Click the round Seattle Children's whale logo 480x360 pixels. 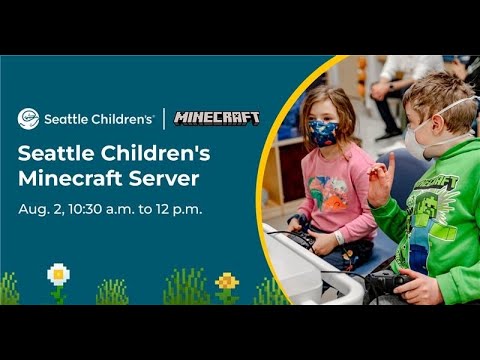coord(28,119)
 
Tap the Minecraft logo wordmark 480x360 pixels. coord(217,118)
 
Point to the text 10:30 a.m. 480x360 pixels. coord(101,209)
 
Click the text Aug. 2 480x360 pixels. coord(41,210)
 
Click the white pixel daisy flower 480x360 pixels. coord(58,274)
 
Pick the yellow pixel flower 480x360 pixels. coord(227,282)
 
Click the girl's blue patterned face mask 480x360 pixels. coord(323,133)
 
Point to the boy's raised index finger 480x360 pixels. coord(391,164)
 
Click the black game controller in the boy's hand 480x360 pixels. coord(387,282)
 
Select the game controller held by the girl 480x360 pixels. coord(302,237)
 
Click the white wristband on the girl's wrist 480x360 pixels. coord(339,237)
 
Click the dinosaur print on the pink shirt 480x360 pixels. coord(329,193)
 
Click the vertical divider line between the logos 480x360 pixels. coord(164,119)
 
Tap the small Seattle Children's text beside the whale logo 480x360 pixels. coord(99,119)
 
